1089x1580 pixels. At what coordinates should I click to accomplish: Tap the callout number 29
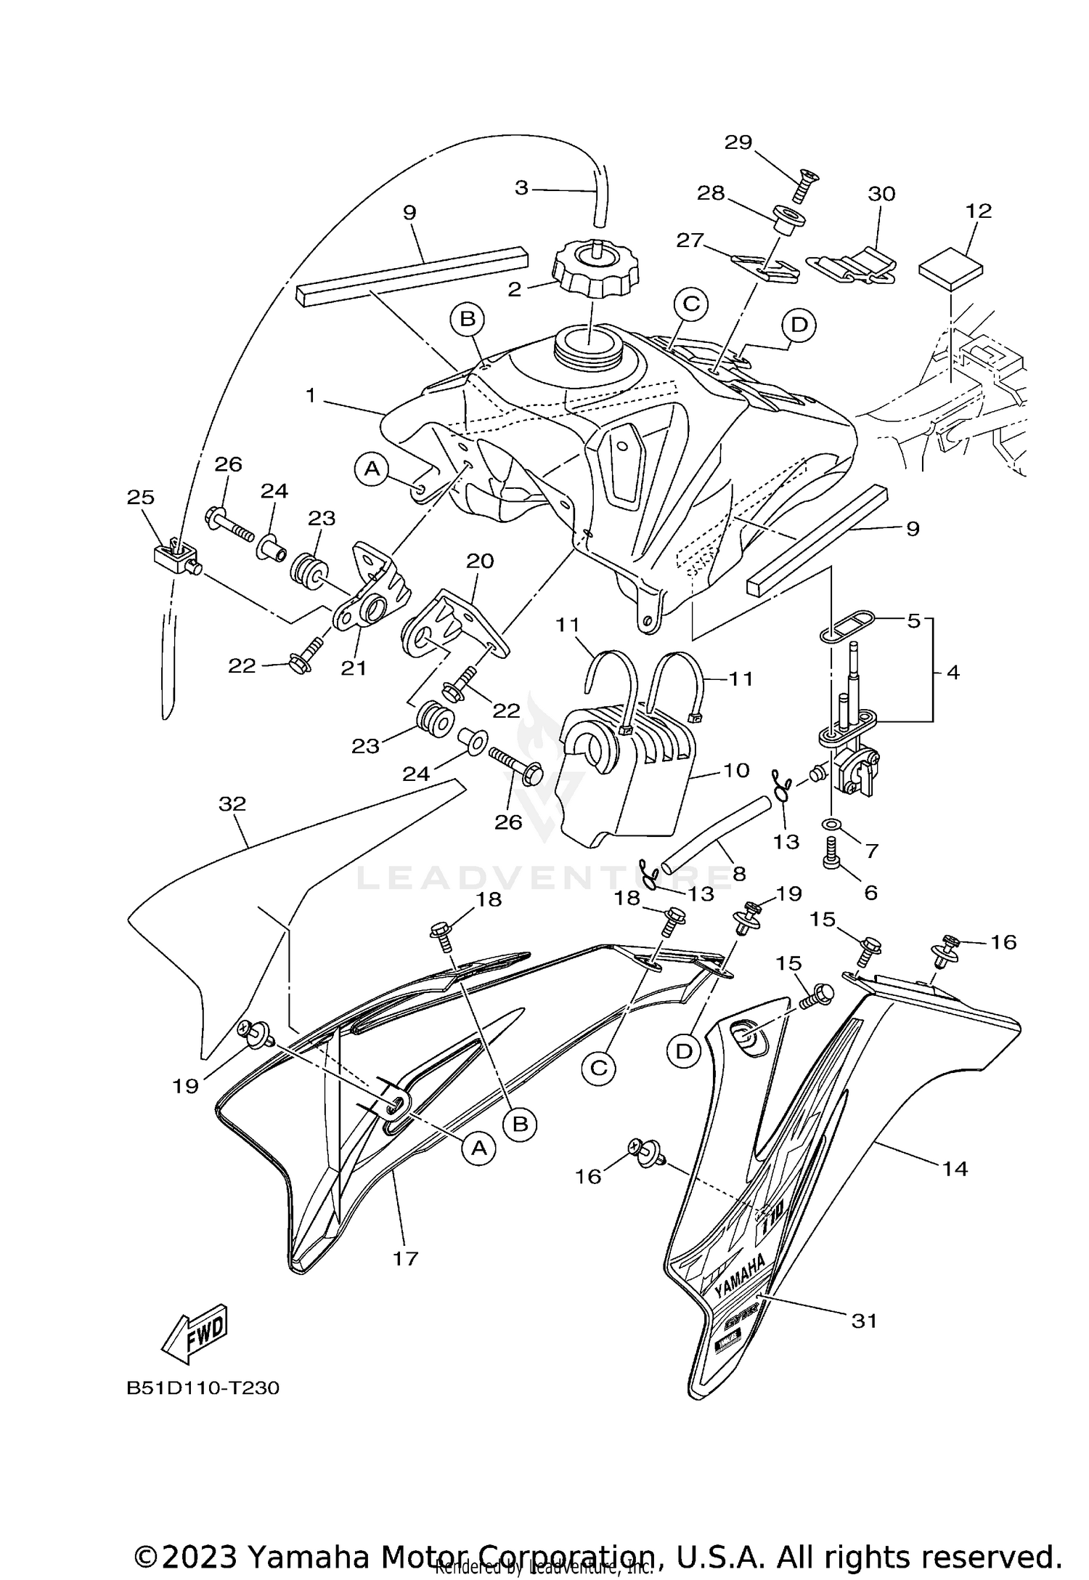click(x=738, y=142)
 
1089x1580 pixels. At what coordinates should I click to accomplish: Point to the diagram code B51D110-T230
click(x=203, y=1388)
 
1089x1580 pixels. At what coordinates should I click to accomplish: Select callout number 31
click(x=864, y=1320)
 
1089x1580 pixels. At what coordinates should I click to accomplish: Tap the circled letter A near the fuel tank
click(x=372, y=469)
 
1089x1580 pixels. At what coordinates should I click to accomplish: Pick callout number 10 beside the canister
click(x=736, y=770)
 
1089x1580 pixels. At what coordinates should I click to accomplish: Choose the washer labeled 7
click(x=832, y=825)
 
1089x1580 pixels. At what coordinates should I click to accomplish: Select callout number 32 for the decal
click(x=232, y=803)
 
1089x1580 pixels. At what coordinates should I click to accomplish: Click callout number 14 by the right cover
click(x=955, y=1169)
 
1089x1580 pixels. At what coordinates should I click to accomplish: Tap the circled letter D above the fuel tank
click(x=799, y=324)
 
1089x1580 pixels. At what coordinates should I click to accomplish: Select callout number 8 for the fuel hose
click(x=739, y=872)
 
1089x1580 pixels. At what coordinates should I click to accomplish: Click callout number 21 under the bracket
click(x=354, y=667)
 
